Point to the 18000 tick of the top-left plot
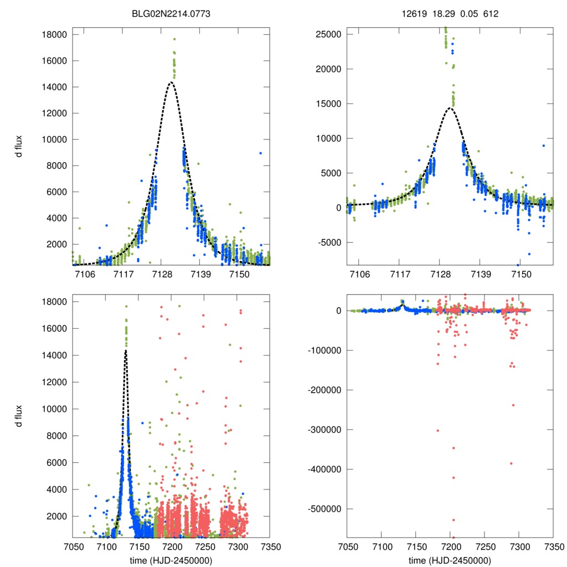pyautogui.click(x=55, y=34)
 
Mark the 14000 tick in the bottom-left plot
pyautogui.click(x=55, y=355)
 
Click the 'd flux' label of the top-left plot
pyautogui.click(x=19, y=146)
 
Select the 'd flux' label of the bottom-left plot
pyautogui.click(x=19, y=416)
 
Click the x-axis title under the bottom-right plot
pyautogui.click(x=450, y=560)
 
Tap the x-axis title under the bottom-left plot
pyautogui.click(x=171, y=560)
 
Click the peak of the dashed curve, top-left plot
pyautogui.click(x=171, y=82)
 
